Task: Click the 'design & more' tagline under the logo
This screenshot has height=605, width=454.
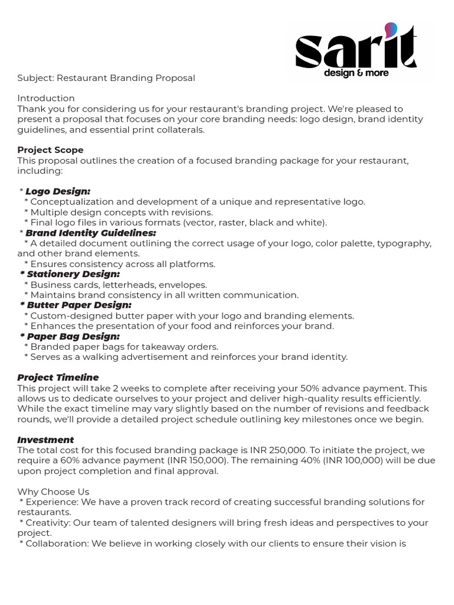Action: tap(356, 73)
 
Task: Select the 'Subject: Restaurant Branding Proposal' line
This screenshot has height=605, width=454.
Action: tap(106, 78)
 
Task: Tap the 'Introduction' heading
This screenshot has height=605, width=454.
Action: tap(46, 98)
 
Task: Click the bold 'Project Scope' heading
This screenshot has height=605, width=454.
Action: tap(50, 150)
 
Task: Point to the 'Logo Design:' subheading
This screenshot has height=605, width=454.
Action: tap(58, 191)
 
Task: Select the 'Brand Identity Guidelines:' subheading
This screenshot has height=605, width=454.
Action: tap(90, 233)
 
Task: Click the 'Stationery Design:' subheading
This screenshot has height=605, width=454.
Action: tap(73, 274)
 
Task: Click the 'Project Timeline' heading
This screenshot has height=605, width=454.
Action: tap(58, 378)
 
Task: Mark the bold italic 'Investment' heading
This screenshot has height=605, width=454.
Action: tap(46, 440)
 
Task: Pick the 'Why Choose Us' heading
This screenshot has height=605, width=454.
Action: tap(54, 492)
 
